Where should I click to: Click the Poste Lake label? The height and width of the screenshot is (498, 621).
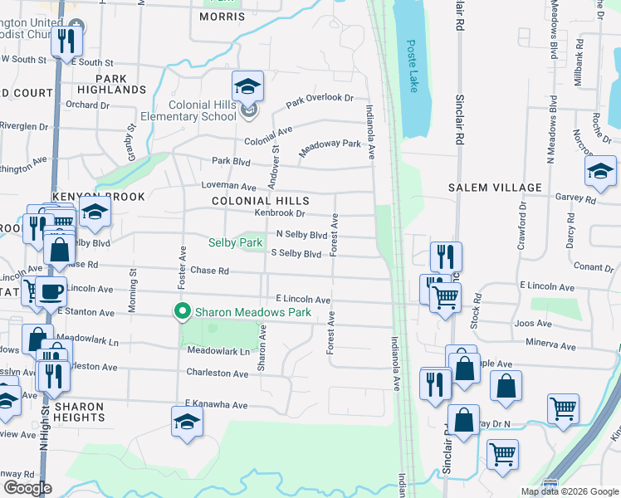coord(412,66)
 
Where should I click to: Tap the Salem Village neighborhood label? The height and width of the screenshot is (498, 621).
coord(496,188)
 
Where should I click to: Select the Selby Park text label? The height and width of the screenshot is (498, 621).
coord(235,242)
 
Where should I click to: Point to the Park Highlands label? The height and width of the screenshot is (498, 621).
coord(115,83)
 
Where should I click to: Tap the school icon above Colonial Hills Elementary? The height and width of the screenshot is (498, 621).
coord(247,86)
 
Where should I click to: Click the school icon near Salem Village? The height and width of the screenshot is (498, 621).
coord(600,172)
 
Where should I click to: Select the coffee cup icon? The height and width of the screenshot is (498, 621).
coord(51,291)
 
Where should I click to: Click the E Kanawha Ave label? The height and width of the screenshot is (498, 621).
coord(217,405)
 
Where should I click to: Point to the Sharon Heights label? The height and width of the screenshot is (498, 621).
coord(79,413)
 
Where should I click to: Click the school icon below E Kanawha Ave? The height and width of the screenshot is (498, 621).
coord(188,422)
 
